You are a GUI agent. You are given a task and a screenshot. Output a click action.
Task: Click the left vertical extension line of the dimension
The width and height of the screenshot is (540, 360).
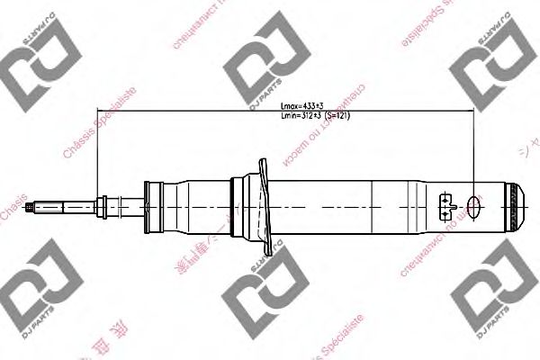coord(95,153)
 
